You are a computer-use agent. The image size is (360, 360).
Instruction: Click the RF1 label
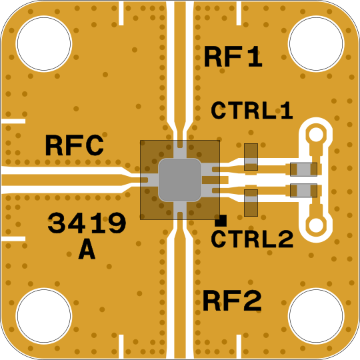[233, 57]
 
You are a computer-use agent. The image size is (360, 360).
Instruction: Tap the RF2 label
[232, 301]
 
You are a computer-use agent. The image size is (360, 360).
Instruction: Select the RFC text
[75, 145]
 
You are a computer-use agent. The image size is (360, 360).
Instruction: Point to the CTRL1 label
[252, 111]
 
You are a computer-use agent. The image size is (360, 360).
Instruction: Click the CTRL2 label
[252, 239]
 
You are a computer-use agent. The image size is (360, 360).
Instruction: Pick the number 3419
[87, 223]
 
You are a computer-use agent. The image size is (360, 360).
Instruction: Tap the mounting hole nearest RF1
[316, 43]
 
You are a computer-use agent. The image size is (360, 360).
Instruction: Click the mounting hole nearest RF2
[316, 316]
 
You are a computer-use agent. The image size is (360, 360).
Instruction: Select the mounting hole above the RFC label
[43, 43]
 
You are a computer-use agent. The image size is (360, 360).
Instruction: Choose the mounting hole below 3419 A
[43, 316]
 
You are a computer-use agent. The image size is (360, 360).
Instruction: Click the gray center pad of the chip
[180, 180]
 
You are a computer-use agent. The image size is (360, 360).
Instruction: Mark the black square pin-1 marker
[221, 221]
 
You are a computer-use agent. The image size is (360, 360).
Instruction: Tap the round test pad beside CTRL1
[316, 135]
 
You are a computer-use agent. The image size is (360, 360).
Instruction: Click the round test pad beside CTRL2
[316, 225]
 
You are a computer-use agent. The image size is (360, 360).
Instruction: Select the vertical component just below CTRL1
[251, 157]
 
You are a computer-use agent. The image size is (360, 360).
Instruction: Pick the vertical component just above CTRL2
[251, 203]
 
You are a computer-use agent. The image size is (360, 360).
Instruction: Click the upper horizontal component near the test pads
[303, 169]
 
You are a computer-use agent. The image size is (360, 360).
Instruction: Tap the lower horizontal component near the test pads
[303, 190]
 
